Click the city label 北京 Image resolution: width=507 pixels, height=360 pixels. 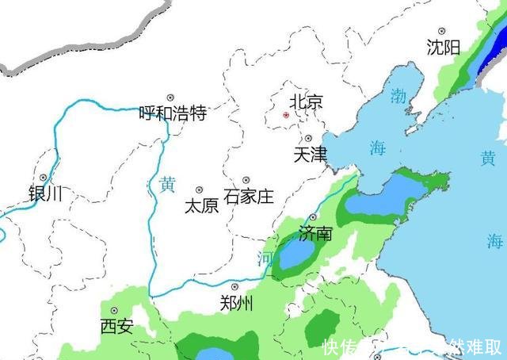307,101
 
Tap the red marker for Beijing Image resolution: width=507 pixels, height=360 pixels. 286,115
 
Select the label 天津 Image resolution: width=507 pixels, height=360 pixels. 310,155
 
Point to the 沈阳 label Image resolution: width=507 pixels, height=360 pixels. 443,48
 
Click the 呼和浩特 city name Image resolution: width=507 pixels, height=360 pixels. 173,113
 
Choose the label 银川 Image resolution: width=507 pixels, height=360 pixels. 45,193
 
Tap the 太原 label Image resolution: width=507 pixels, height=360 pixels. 201,206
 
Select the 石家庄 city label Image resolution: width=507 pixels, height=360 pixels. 249,196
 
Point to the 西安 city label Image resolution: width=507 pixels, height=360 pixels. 116,325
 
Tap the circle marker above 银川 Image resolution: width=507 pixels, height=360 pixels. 43,178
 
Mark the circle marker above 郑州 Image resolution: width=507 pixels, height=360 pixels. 234,287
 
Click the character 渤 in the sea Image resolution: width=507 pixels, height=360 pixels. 398,97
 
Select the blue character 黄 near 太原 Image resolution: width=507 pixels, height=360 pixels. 167,184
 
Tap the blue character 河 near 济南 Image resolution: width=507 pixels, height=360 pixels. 265,259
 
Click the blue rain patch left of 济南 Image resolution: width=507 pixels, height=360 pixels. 295,255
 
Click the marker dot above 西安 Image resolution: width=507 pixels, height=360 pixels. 114,310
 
